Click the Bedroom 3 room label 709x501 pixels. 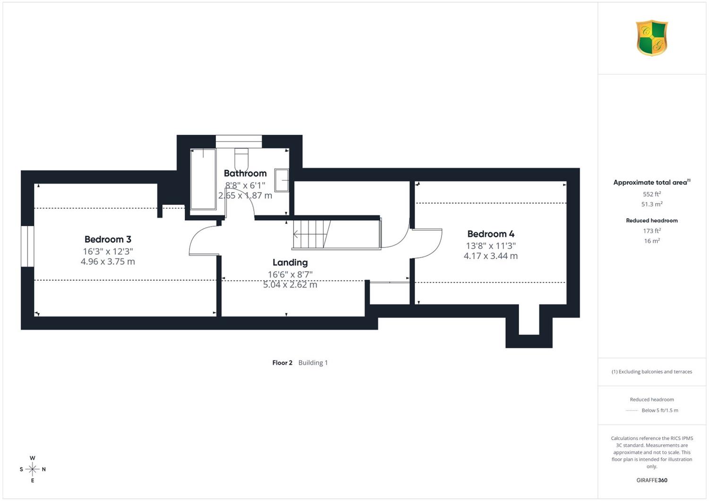coord(108,239)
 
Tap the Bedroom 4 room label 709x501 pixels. coord(491,234)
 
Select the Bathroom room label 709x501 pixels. coord(245,173)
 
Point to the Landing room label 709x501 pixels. coord(290,263)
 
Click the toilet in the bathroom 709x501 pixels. coord(242,160)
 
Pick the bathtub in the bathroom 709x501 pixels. coord(203,179)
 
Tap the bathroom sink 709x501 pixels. coord(282,180)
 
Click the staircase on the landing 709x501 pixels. coord(337,234)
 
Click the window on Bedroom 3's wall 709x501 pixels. coord(27,246)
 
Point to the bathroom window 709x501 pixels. coord(239,141)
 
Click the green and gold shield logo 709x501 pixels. coord(652,38)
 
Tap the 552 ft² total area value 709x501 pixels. coord(652,194)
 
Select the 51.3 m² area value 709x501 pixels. coord(652,204)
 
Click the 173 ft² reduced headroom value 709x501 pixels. coord(652,231)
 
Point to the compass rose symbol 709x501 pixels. coord(33,469)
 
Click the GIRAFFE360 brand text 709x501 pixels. coord(652,480)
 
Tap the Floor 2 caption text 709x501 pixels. coord(282,363)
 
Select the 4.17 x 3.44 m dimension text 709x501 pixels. coord(491,256)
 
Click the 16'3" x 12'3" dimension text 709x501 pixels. coord(108,252)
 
